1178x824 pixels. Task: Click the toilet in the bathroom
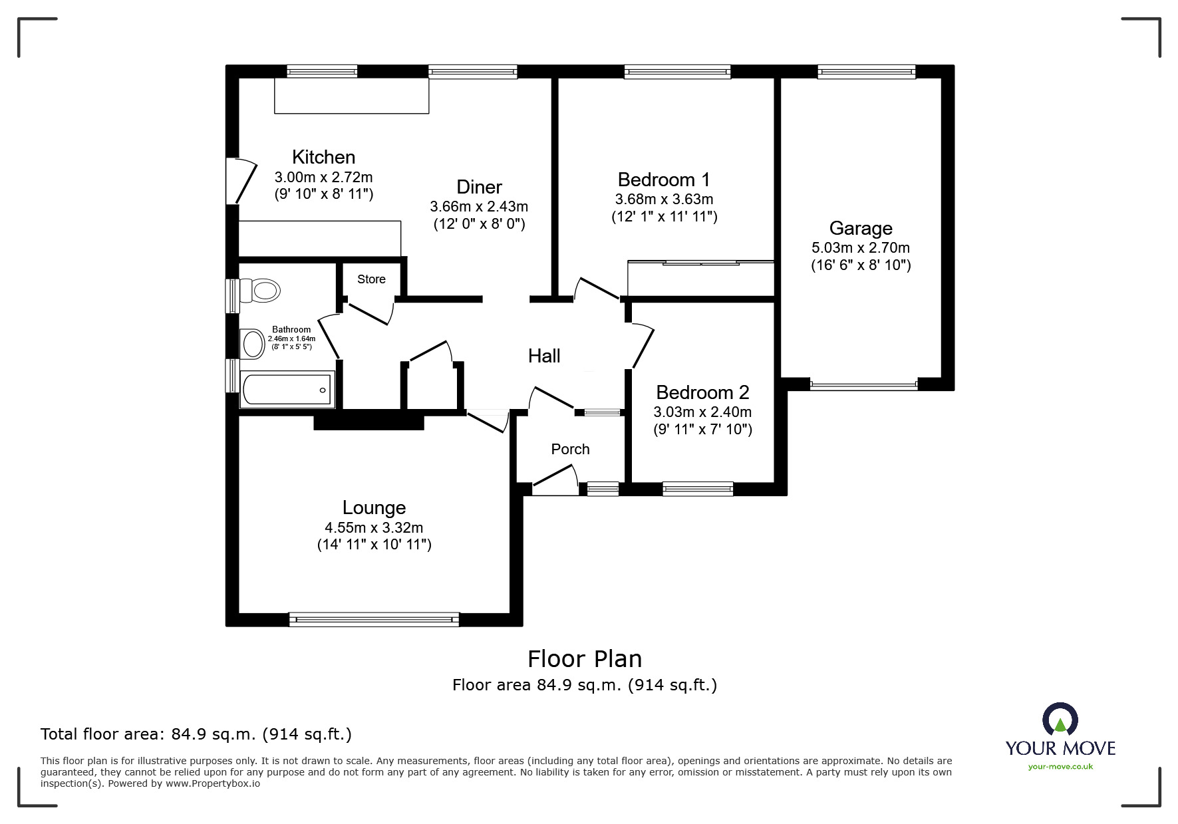coord(261,291)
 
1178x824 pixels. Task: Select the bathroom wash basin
coord(252,344)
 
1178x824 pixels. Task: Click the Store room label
coord(371,279)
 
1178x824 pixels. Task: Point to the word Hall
coord(544,356)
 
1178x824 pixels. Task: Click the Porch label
coord(570,450)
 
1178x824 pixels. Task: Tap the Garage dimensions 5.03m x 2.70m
coord(860,248)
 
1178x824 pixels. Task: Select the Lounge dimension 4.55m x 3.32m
coord(374,528)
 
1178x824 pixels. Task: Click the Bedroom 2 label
coord(702,392)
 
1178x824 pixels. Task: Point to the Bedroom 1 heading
coord(663,180)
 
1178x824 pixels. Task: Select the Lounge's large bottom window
coord(374,619)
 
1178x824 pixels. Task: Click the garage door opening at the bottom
coord(863,384)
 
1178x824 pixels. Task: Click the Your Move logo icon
coord(1060,720)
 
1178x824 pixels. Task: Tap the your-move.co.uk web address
coord(1060,767)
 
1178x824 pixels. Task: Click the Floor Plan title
coord(585,659)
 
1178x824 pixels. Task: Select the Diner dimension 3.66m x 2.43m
coord(479,207)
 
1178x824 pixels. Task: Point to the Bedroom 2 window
coord(698,489)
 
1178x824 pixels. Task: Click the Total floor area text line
coord(196,734)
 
